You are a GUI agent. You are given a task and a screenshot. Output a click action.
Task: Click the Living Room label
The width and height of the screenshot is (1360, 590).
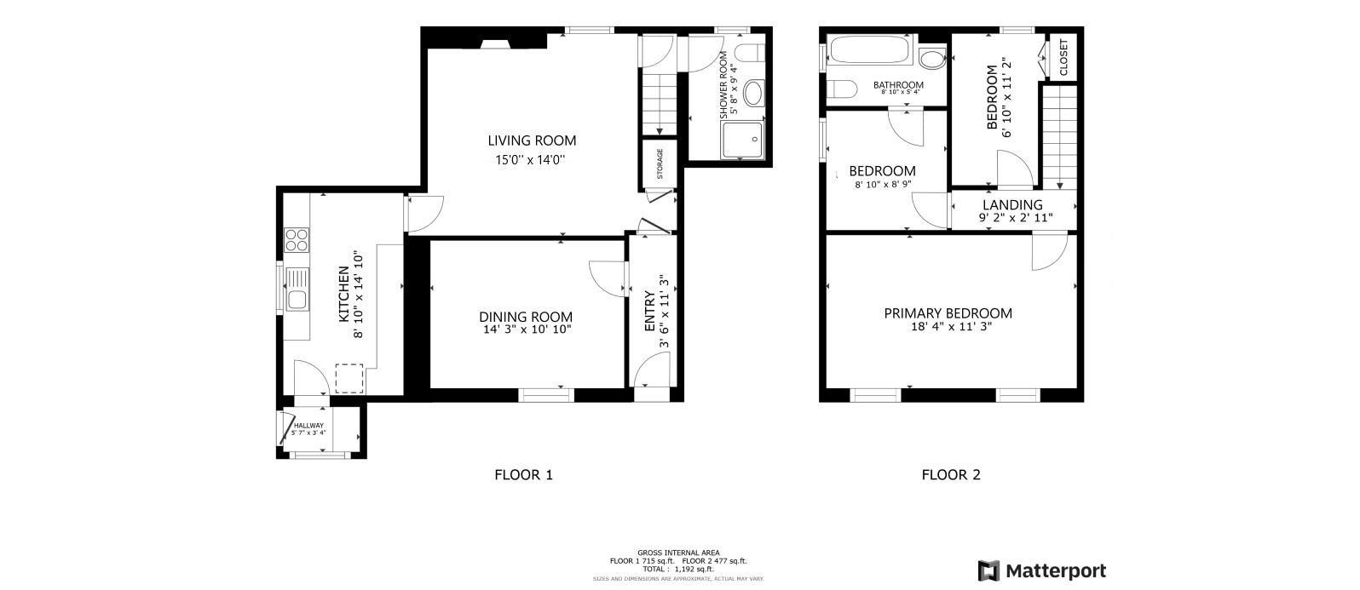[x=532, y=140]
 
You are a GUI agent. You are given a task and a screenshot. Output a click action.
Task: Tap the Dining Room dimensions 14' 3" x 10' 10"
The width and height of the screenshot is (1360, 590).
[x=525, y=329]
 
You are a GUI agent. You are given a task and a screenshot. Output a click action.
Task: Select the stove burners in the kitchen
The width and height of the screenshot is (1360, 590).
[x=296, y=239]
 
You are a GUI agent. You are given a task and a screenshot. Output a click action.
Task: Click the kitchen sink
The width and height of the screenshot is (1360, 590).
[x=297, y=289]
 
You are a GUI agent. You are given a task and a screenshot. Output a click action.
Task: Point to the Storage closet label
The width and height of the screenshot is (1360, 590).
[x=660, y=164]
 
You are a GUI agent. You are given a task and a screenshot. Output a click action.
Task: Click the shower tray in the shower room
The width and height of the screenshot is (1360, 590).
[x=743, y=140]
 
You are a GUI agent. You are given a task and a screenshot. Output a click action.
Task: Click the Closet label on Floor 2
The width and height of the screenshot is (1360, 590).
[x=1063, y=57]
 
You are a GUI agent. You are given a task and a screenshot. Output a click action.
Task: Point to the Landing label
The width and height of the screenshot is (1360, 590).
[x=1012, y=205]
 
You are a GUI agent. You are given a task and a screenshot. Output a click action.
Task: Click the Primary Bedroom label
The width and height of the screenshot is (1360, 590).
[x=948, y=313]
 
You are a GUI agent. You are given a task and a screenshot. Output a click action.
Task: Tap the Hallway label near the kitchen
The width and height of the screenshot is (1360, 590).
[x=308, y=426]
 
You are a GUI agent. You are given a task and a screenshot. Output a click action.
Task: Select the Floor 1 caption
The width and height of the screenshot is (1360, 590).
[x=523, y=475]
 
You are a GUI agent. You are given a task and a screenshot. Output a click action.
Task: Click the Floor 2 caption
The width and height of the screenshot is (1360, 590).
[x=951, y=475]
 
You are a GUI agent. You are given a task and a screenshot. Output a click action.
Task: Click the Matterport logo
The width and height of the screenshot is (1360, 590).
[x=1042, y=570]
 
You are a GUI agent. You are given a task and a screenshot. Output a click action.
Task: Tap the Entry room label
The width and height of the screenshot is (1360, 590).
[x=650, y=312]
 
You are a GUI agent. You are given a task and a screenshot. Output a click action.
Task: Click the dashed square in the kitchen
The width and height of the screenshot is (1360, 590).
[x=349, y=378]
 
